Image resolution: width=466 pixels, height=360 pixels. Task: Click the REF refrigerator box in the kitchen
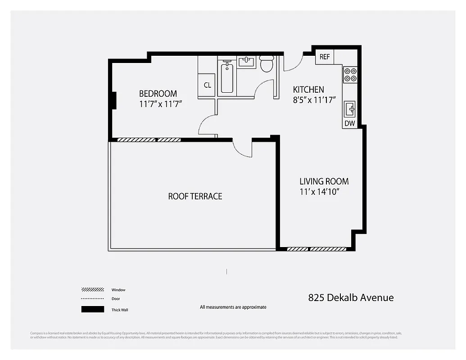[325, 57]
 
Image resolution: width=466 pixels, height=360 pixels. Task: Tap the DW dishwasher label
[350, 123]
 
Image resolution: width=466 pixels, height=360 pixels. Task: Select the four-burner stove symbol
[350, 74]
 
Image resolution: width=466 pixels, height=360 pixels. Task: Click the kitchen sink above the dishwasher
[350, 109]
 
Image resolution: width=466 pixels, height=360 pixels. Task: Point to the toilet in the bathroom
[267, 64]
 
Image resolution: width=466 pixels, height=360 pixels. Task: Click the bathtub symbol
[227, 78]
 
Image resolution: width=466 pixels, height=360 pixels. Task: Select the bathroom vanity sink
[246, 62]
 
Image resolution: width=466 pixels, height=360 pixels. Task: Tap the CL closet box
[208, 85]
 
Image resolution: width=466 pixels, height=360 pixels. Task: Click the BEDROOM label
[158, 94]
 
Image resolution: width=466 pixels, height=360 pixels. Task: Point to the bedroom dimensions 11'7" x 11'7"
[160, 104]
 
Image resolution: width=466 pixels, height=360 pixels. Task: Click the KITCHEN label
[308, 90]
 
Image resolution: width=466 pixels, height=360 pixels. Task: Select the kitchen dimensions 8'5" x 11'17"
[315, 100]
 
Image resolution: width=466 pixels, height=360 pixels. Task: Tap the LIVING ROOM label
[324, 181]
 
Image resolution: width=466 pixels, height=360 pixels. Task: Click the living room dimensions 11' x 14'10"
[319, 192]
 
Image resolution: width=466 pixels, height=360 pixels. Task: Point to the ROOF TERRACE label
[195, 196]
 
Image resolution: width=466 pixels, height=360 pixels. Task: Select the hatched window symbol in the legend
[92, 290]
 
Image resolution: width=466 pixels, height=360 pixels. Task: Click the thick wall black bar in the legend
[92, 310]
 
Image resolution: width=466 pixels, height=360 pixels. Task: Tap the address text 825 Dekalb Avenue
[351, 297]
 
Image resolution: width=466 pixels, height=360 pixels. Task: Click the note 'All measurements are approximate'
[233, 307]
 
